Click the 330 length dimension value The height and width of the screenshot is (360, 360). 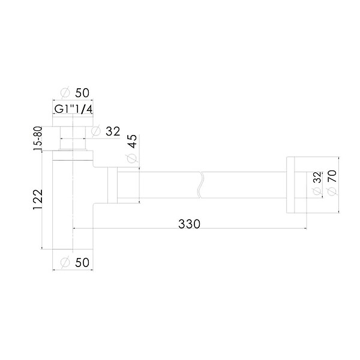tap(189, 224)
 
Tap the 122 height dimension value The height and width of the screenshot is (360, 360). tap(38, 199)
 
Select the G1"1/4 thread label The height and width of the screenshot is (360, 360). tap(73, 109)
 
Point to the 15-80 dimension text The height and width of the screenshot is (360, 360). tap(38, 139)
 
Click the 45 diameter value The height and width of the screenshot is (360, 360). tap(132, 141)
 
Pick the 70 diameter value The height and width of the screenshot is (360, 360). tap(332, 176)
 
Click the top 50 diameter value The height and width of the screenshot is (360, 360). tap(82, 93)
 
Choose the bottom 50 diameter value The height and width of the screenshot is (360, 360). tap(82, 262)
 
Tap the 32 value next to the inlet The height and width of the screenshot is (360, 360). tap(113, 131)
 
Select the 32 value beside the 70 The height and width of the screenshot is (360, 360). tap(317, 177)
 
